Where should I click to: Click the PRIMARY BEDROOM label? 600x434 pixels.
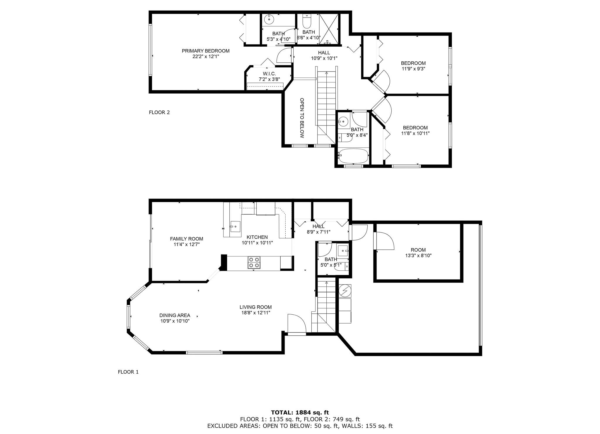point(205,51)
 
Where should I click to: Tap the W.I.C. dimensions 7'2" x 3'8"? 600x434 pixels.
point(269,79)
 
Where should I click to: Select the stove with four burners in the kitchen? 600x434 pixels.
point(254,262)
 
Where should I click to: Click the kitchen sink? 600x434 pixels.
point(235,227)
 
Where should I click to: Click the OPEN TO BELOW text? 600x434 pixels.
point(302,118)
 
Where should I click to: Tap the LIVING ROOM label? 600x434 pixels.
point(255,307)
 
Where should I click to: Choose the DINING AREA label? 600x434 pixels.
point(175,316)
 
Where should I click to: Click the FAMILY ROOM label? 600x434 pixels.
point(186,239)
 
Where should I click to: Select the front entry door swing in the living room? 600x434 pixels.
point(296,324)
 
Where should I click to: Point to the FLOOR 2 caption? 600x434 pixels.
point(159,112)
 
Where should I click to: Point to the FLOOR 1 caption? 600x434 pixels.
point(128,372)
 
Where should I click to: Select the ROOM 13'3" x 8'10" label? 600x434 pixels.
point(418,252)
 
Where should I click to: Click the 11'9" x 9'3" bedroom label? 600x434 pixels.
point(413,66)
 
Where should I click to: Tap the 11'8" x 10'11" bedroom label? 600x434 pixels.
point(415,130)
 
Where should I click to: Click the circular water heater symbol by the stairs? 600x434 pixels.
point(345,290)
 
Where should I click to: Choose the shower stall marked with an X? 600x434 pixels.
point(328,28)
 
